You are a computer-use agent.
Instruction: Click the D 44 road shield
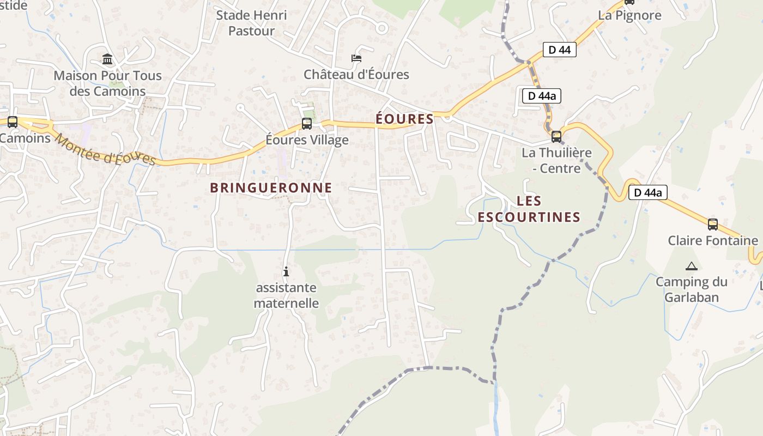(559, 50)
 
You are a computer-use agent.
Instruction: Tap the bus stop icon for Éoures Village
(307, 124)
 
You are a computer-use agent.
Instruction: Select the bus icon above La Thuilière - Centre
(556, 136)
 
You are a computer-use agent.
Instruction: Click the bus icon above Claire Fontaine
(712, 224)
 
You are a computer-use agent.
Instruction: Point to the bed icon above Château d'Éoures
(356, 58)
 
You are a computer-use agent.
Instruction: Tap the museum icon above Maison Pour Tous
(107, 59)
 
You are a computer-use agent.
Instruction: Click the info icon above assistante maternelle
(286, 271)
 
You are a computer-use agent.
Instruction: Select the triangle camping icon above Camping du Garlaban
(691, 266)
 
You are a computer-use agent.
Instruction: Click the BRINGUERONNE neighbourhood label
(271, 188)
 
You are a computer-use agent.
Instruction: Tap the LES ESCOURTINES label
(529, 209)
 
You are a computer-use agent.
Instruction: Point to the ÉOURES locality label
(405, 119)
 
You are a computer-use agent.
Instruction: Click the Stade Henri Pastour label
(251, 23)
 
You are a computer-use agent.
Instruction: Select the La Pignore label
(629, 15)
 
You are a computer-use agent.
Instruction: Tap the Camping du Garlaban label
(691, 289)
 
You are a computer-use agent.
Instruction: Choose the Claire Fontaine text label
(712, 240)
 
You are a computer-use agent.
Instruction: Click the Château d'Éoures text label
(356, 74)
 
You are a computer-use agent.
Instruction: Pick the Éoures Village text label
(307, 140)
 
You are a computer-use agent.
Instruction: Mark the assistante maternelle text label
(286, 295)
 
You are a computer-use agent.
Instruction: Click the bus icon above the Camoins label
(12, 122)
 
